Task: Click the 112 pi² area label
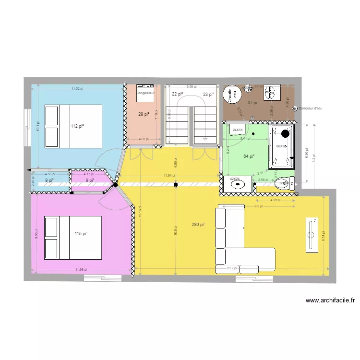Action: [x=77, y=126]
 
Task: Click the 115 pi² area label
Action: [x=81, y=234]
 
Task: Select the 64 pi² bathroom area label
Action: [x=249, y=156]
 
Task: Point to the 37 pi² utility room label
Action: [x=253, y=102]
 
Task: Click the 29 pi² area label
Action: [x=144, y=114]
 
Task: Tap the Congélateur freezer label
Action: [x=145, y=93]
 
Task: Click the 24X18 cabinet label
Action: [x=238, y=130]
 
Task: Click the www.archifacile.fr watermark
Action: [x=330, y=301]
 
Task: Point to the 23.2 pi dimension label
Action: [x=232, y=268]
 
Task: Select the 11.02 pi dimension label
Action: [x=77, y=89]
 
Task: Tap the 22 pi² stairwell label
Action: [x=178, y=95]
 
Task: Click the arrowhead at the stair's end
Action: [x=205, y=139]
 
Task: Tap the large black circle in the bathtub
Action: [x=286, y=134]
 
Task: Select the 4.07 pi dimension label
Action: [x=144, y=139]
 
